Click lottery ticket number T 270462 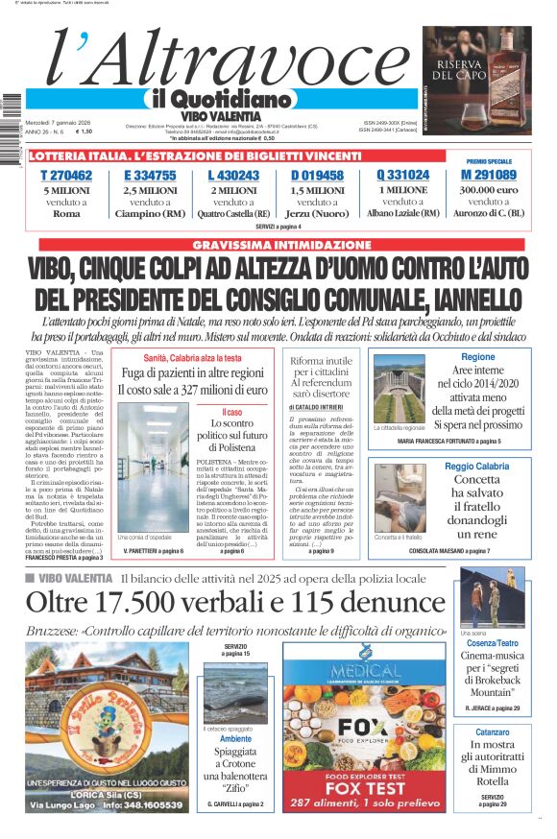66,176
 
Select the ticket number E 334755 150,176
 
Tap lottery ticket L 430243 233,176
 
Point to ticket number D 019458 317,176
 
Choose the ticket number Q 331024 402,176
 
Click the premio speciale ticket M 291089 489,176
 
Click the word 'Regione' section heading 477,357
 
